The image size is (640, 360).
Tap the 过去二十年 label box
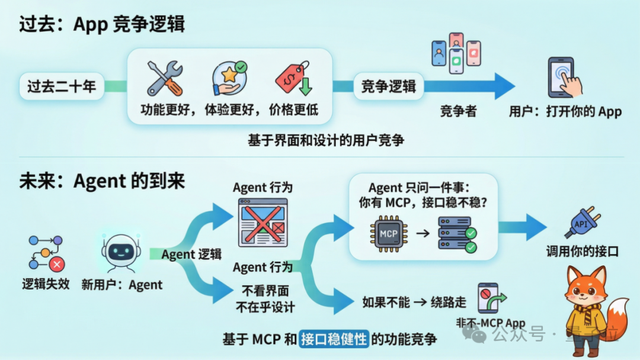click(x=63, y=88)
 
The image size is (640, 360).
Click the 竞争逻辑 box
click(x=390, y=88)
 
